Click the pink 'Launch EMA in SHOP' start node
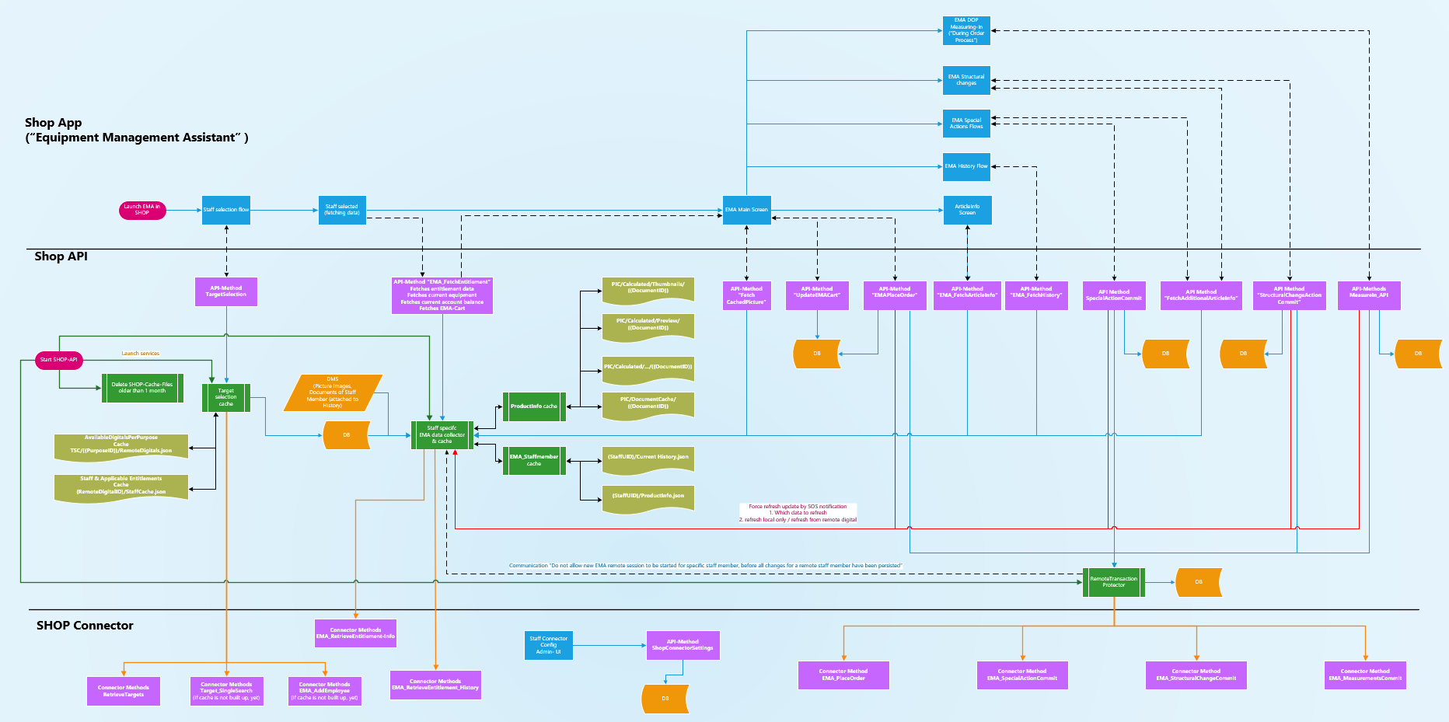click(142, 210)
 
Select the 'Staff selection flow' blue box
click(226, 210)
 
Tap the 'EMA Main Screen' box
click(746, 210)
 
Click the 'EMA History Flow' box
click(966, 166)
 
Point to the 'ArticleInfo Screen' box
click(967, 210)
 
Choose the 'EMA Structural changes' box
click(966, 80)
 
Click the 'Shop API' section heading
click(61, 256)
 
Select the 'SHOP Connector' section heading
click(85, 626)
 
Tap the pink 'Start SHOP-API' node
click(59, 360)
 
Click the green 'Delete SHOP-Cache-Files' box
click(142, 388)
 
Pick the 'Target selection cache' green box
click(226, 397)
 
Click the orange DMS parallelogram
click(333, 392)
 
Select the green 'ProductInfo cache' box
click(534, 406)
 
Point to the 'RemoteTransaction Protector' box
click(1113, 582)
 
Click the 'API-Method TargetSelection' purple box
click(226, 291)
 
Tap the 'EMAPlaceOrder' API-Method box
click(895, 295)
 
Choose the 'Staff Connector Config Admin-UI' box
click(549, 645)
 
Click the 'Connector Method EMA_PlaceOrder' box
click(843, 675)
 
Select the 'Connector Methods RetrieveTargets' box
click(124, 691)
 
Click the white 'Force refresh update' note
click(798, 513)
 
